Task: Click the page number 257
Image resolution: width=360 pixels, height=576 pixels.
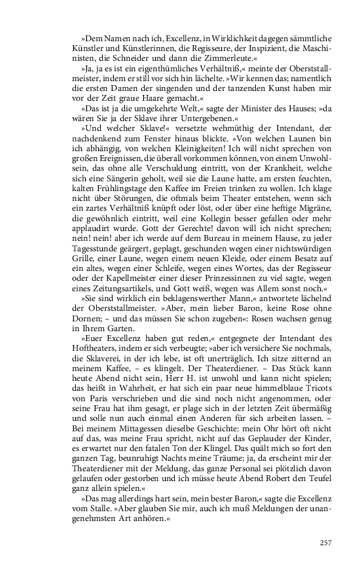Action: point(327,543)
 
